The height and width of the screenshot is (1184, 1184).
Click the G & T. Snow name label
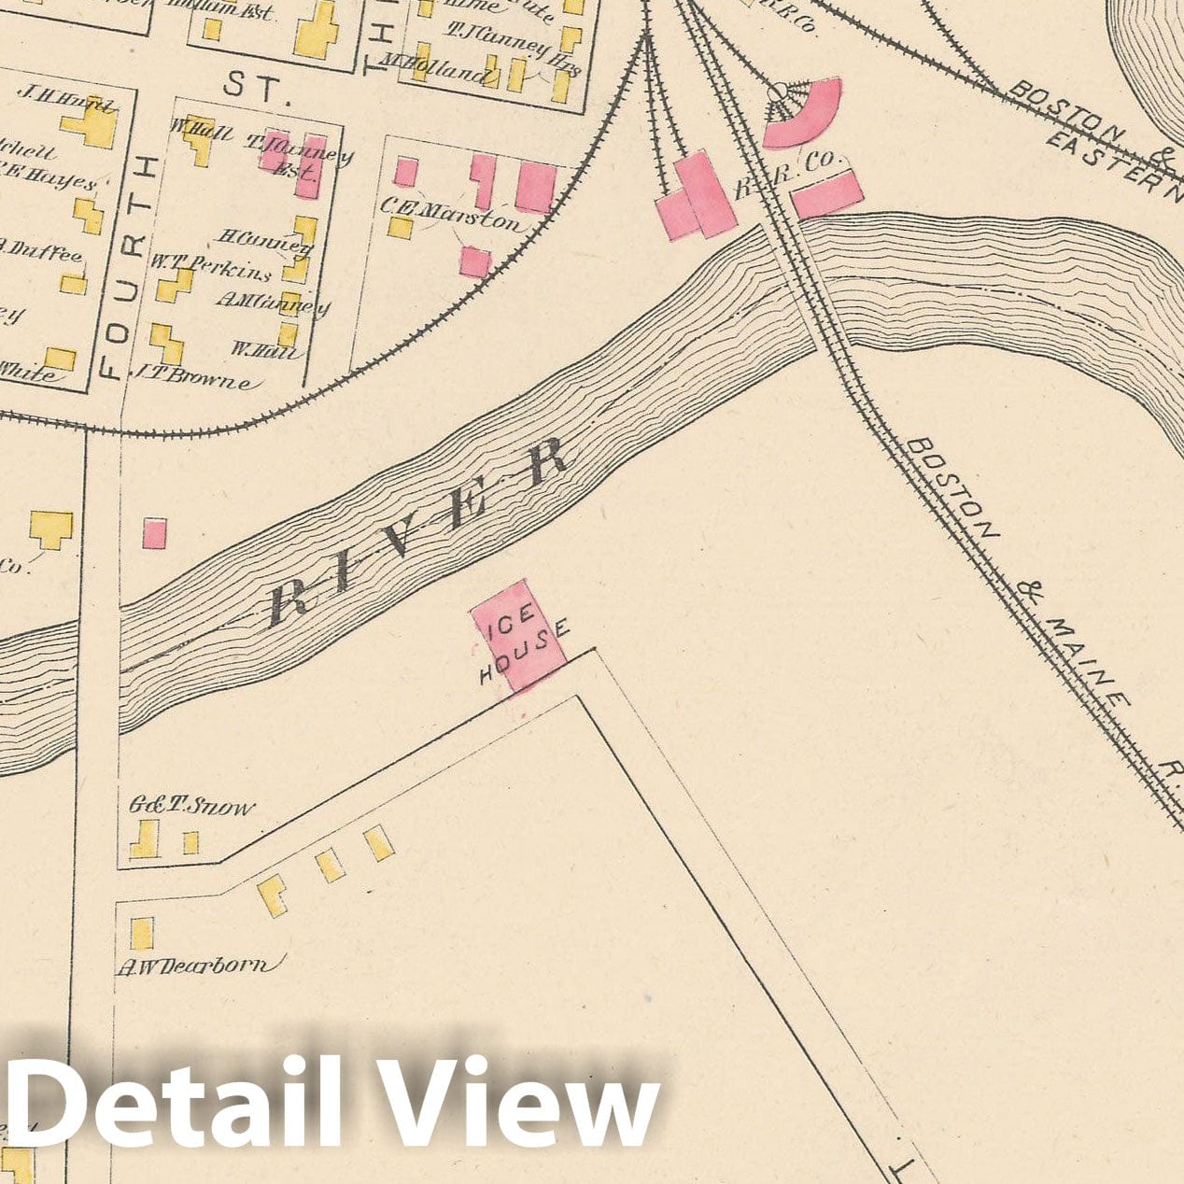pos(192,807)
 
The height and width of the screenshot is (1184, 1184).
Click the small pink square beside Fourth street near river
pos(154,533)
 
